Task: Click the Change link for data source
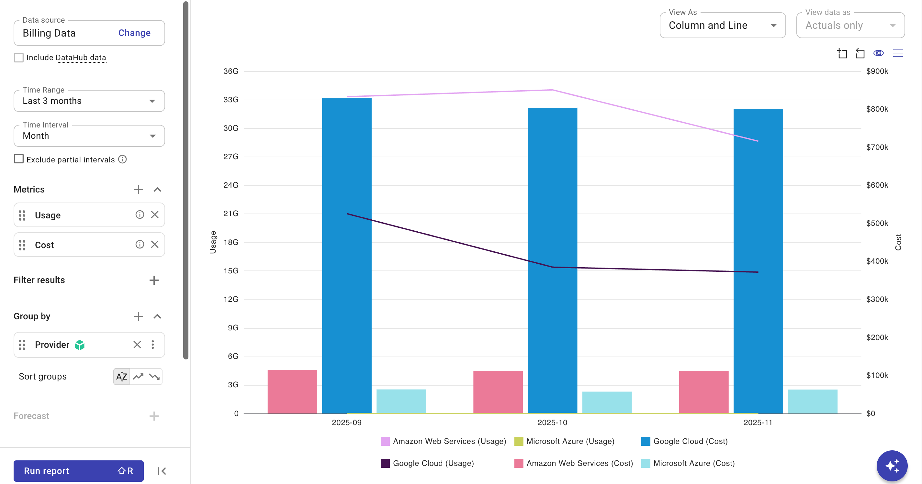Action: (x=134, y=33)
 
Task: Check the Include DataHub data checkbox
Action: (x=18, y=58)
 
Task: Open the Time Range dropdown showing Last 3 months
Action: (x=89, y=101)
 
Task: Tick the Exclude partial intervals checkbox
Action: (x=18, y=159)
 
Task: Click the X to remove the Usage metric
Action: (x=155, y=214)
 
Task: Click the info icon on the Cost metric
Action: (x=140, y=244)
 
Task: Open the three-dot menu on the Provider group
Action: (x=153, y=345)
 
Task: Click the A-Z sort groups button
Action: (x=122, y=376)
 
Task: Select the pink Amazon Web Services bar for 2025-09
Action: (x=292, y=391)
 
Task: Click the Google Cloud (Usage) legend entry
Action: (x=427, y=463)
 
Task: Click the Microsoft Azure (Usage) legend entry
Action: (x=565, y=441)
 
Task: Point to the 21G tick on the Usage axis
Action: (x=231, y=214)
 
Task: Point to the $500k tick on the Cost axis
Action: (x=877, y=223)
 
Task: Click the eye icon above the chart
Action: (x=878, y=53)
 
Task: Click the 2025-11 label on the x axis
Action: (x=758, y=423)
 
